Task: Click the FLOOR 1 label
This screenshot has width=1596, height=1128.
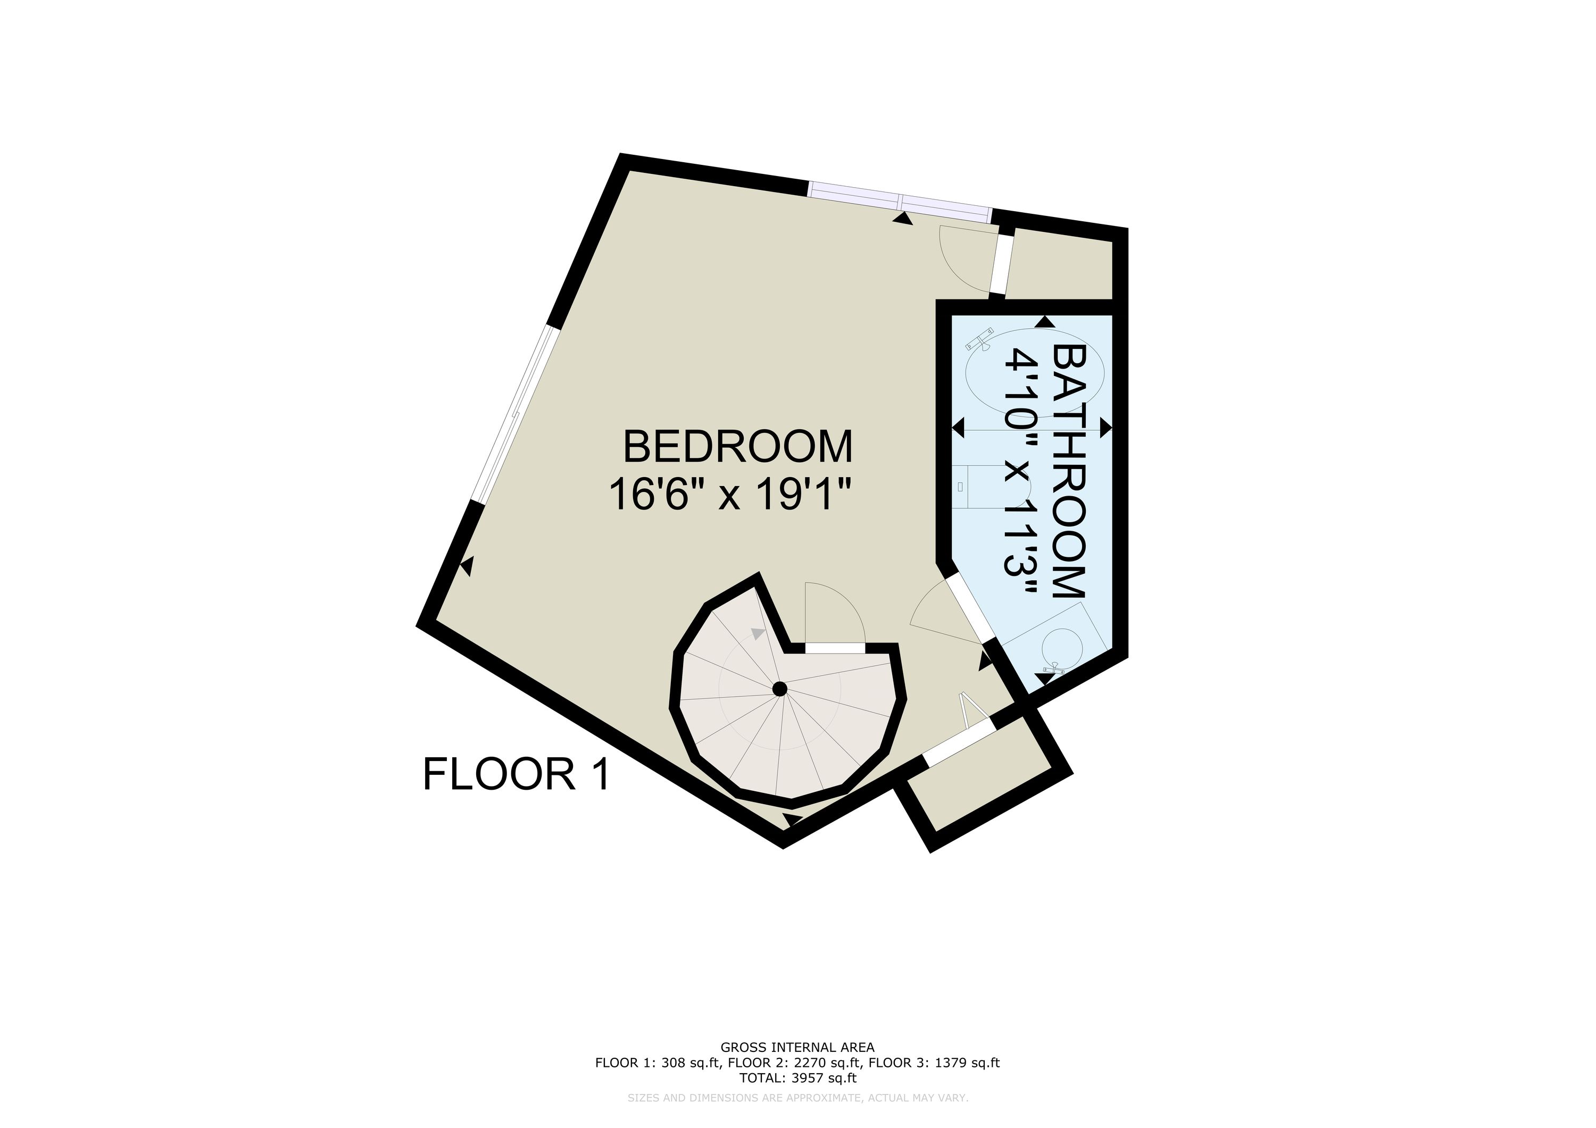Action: tap(517, 774)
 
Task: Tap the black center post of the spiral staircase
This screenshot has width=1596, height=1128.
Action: tap(780, 689)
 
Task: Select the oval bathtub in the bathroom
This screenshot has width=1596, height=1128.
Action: tap(1034, 373)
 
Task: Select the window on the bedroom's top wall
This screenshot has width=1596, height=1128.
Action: tap(901, 202)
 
